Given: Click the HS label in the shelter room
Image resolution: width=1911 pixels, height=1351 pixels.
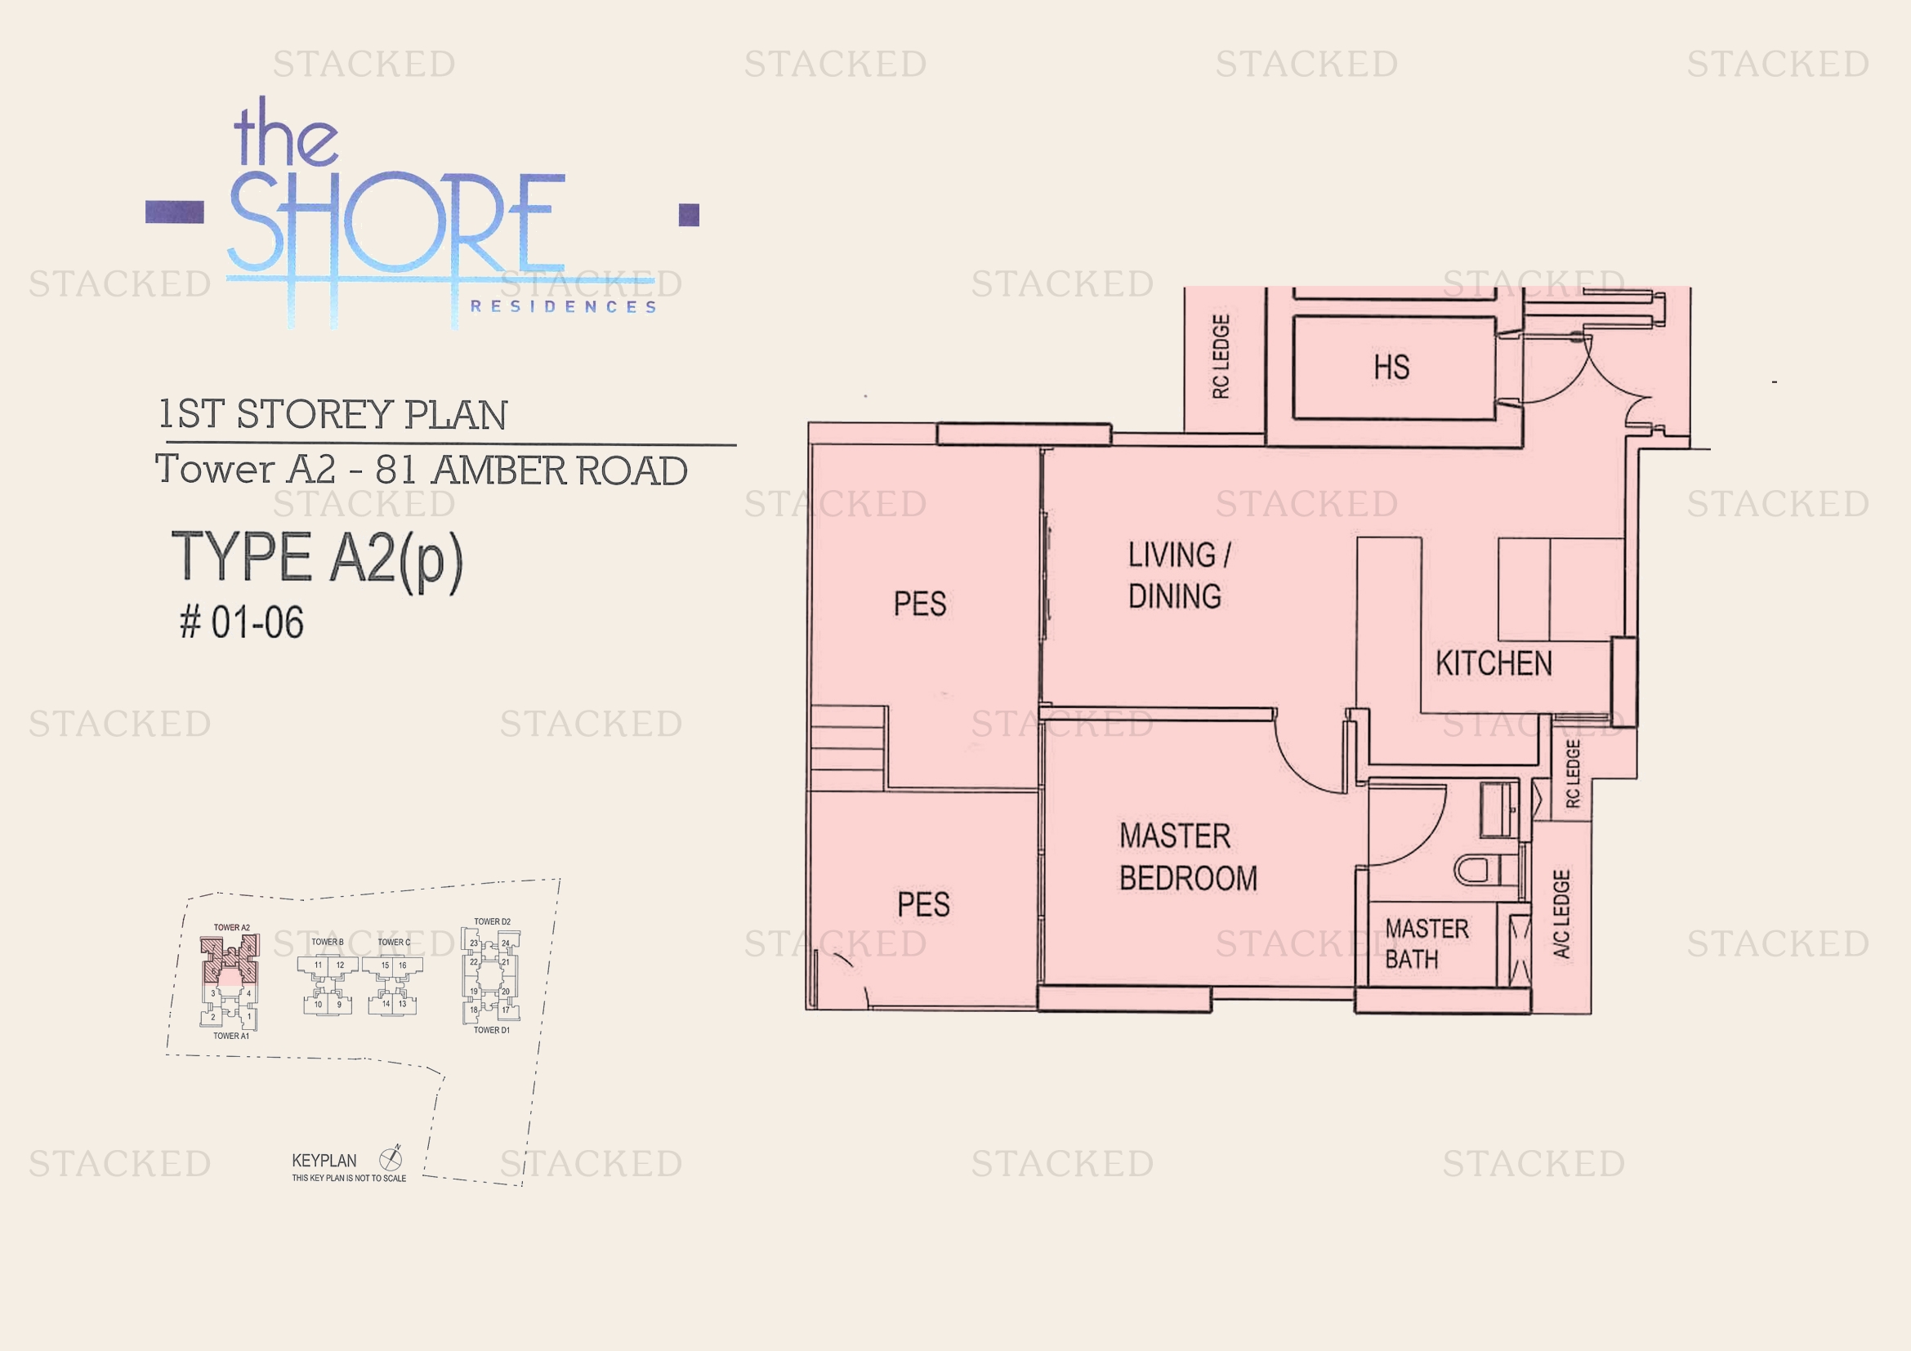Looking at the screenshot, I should point(1391,367).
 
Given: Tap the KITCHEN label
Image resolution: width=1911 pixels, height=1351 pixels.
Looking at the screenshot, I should point(1494,663).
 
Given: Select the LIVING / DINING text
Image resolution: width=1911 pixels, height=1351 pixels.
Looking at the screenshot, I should point(1177,575).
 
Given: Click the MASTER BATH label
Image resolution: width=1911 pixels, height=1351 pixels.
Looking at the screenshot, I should point(1426,943).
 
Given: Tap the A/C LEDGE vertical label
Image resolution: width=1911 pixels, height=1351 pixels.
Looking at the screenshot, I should point(1561,914).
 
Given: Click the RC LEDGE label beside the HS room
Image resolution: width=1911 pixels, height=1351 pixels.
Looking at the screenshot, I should point(1220,357).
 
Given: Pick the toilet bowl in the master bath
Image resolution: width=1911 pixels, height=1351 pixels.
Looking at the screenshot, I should point(1475,870).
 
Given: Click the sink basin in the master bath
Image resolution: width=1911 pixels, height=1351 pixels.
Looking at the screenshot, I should point(1499,809).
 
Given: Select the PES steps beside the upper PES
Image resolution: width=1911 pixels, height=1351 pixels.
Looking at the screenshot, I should point(847,748).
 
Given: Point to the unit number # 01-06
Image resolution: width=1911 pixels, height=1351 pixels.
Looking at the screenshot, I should point(242,622).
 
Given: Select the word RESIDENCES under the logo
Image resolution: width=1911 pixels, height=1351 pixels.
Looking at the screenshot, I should point(564,307).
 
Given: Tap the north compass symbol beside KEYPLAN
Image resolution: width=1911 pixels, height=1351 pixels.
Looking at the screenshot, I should point(391,1157).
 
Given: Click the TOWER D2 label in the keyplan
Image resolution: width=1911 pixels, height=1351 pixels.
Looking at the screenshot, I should point(492,921).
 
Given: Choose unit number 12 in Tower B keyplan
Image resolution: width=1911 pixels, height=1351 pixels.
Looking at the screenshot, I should point(340,965).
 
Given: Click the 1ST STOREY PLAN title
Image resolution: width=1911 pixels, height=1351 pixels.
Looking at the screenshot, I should point(333,414).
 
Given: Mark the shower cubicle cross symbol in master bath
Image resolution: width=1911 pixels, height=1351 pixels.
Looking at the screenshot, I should point(1519,950).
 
